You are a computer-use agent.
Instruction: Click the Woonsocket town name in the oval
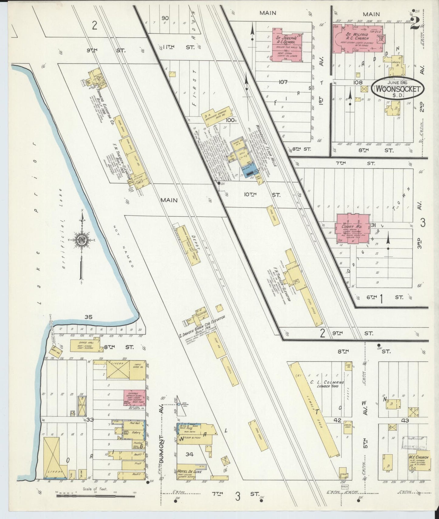(x=398, y=89)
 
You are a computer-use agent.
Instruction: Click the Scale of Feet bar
(x=96, y=497)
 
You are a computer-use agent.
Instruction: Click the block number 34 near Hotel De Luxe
(x=190, y=454)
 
